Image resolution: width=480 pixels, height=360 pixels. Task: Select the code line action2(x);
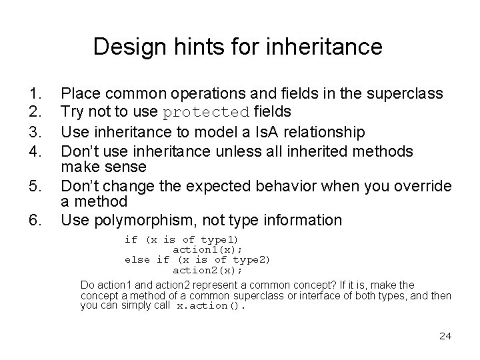[x=207, y=270]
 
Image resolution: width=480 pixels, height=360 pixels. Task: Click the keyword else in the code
[x=137, y=259]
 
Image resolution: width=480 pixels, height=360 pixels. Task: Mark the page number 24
[x=445, y=335]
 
